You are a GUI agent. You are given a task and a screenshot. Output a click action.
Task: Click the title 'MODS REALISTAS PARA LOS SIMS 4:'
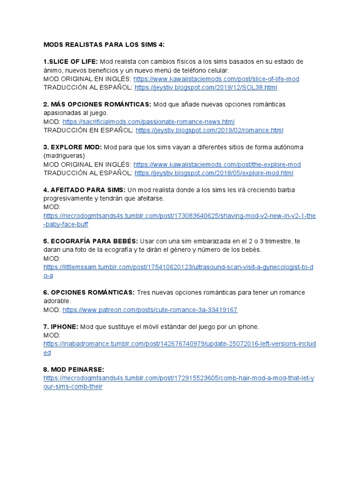pyautogui.click(x=104, y=45)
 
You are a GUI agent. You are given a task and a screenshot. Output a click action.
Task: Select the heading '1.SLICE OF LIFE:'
pyautogui.click(x=70, y=61)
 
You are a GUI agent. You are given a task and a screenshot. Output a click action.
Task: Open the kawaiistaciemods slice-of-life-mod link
pyautogui.click(x=216, y=79)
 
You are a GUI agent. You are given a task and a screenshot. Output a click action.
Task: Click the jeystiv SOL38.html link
pyautogui.click(x=206, y=87)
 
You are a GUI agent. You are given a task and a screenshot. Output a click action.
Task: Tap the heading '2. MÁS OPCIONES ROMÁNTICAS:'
pyautogui.click(x=97, y=104)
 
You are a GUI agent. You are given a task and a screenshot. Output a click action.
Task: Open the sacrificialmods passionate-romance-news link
pyautogui.click(x=148, y=121)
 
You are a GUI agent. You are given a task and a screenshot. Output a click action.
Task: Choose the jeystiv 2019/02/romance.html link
pyautogui.click(x=209, y=130)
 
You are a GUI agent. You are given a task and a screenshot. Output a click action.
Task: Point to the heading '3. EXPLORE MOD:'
pyautogui.click(x=72, y=147)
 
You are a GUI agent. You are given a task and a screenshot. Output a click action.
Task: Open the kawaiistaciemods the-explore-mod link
pyautogui.click(x=217, y=165)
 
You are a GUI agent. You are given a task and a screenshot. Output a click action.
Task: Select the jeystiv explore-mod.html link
pyautogui.click(x=214, y=173)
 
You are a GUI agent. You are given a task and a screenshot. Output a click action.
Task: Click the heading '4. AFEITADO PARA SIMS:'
pyautogui.click(x=84, y=190)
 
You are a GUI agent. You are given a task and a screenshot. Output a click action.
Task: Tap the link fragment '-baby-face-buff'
pyautogui.click(x=66, y=224)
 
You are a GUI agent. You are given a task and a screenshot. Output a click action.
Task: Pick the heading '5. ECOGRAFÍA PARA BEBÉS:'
pyautogui.click(x=90, y=241)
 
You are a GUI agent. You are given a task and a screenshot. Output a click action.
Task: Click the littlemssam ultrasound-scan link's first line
pyautogui.click(x=179, y=267)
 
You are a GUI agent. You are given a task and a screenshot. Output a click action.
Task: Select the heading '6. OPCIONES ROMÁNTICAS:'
pyautogui.click(x=89, y=292)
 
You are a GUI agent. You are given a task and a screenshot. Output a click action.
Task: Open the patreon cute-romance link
pyautogui.click(x=150, y=310)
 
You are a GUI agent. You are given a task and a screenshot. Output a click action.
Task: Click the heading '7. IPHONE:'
pyautogui.click(x=60, y=327)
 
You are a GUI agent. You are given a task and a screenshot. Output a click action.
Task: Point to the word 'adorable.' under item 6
pyautogui.click(x=57, y=301)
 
